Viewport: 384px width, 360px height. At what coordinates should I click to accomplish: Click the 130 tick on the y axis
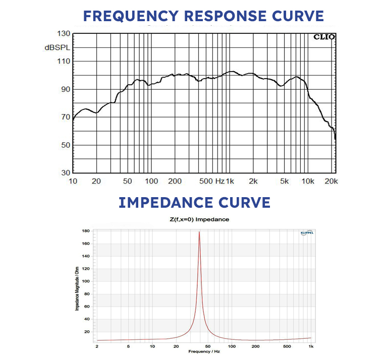click(63, 34)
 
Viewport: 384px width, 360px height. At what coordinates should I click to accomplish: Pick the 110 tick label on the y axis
click(63, 62)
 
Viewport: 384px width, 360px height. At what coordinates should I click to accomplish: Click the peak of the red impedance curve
click(199, 232)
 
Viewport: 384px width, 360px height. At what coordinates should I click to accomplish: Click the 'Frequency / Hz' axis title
click(205, 351)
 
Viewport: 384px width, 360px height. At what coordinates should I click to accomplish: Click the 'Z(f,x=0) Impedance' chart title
click(200, 220)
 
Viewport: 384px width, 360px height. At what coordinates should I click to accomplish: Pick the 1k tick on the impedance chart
click(311, 347)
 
